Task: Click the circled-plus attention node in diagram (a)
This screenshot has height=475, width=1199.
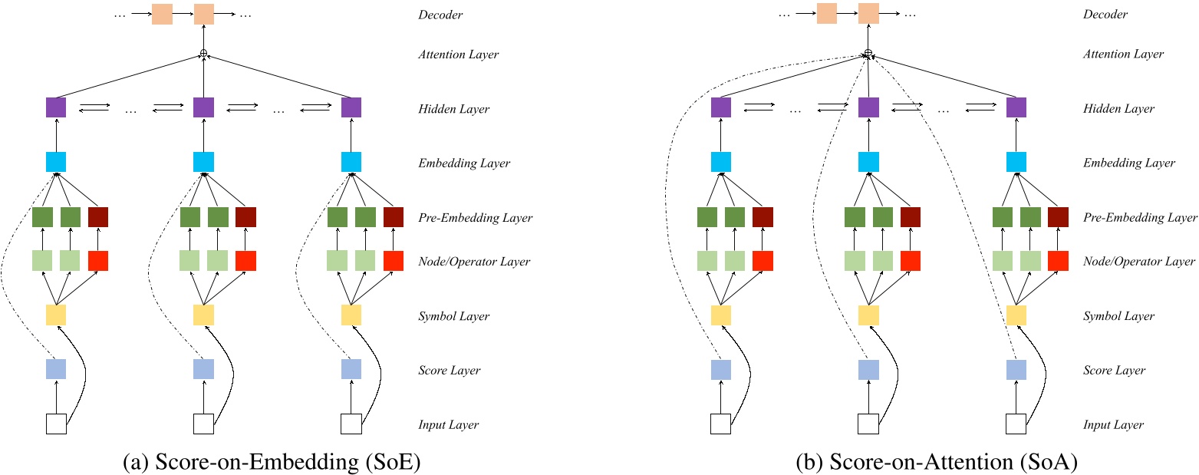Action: click(203, 54)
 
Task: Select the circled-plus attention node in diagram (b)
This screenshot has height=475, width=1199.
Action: click(868, 54)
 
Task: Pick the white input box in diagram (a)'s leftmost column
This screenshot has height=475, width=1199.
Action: click(56, 424)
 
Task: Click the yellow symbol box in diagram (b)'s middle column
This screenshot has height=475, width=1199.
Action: click(868, 315)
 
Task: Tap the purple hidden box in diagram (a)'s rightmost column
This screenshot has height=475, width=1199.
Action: click(351, 107)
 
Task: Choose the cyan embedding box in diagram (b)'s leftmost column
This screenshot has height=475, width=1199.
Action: click(720, 162)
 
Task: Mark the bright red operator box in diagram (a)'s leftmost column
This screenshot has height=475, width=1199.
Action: click(97, 261)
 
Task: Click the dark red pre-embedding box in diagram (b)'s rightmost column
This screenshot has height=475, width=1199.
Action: click(1058, 217)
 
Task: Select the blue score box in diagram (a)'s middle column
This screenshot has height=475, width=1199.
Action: click(203, 369)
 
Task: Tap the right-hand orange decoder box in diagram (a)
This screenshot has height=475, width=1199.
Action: click(203, 14)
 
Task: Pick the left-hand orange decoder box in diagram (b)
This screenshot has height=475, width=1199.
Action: click(826, 14)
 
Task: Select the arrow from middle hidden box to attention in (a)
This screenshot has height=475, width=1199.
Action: click(203, 78)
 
